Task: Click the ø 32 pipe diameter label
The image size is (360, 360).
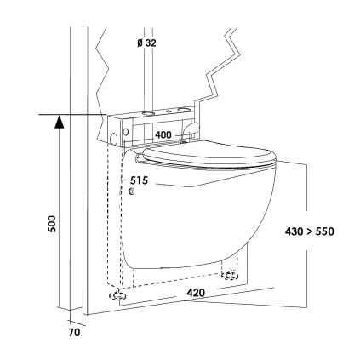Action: (146, 43)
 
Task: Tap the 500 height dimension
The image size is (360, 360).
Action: (52, 224)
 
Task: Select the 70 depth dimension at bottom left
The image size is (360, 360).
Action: (74, 332)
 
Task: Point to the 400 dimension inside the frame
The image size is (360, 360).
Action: (163, 134)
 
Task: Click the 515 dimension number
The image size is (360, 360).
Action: (139, 180)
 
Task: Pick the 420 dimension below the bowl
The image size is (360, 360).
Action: (196, 293)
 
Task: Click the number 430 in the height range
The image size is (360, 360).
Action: (294, 231)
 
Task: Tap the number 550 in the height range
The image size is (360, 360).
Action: (324, 231)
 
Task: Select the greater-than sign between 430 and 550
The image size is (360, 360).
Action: (309, 231)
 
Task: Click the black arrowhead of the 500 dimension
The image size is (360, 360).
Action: (59, 121)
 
